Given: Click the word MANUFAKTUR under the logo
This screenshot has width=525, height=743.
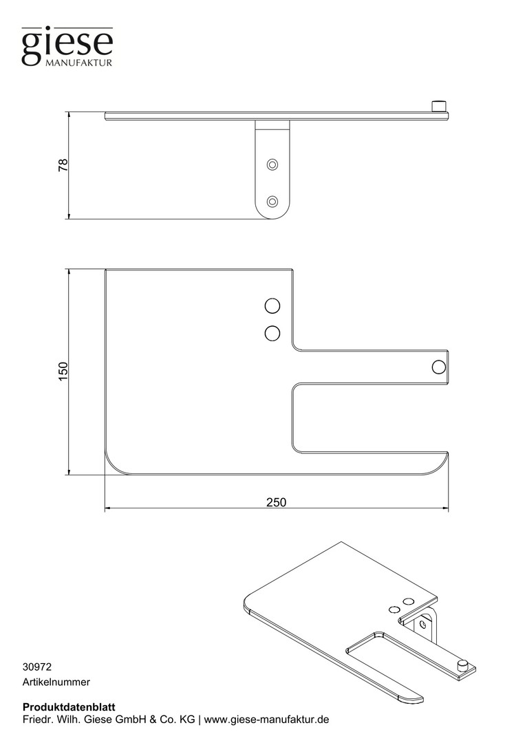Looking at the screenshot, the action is click(79, 63).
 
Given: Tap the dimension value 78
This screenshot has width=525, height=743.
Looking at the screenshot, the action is click(63, 165).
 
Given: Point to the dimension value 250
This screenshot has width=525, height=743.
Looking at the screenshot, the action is click(276, 502).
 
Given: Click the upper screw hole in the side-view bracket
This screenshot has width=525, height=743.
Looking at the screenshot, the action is click(272, 165).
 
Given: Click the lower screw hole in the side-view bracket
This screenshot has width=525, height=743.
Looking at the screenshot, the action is click(272, 202).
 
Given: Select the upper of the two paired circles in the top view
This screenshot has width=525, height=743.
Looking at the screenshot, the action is click(272, 306).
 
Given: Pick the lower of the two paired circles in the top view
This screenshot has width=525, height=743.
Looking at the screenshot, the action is click(272, 334).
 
